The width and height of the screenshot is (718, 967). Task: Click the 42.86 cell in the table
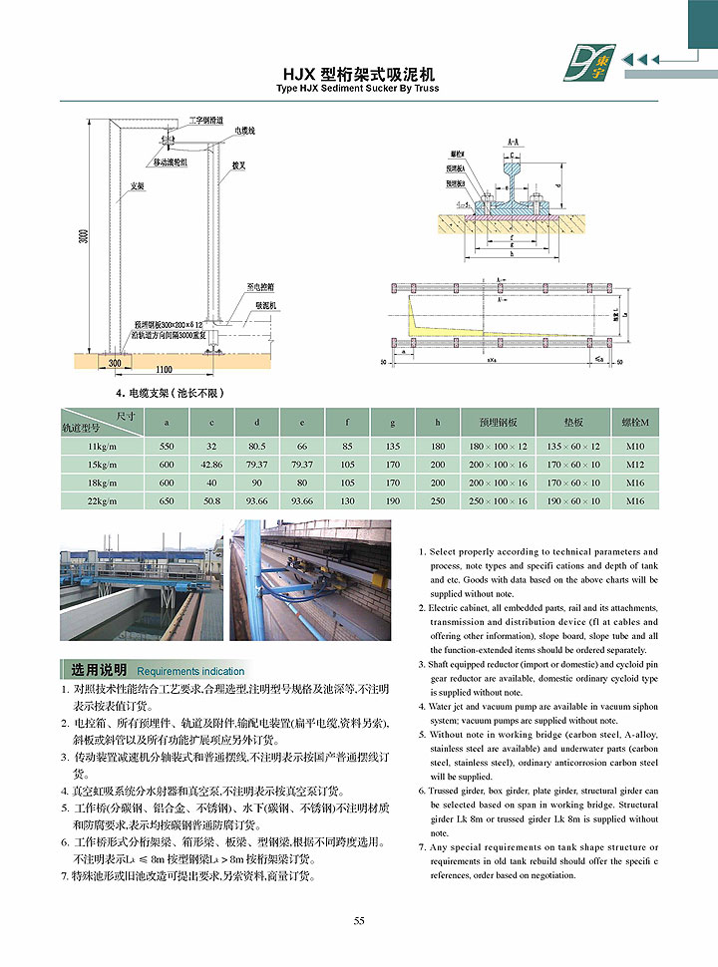[x=211, y=465]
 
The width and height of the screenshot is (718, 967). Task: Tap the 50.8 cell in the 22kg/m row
[x=211, y=500]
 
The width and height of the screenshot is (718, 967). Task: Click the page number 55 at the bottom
[x=359, y=920]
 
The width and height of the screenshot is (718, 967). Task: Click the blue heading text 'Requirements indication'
[x=190, y=672]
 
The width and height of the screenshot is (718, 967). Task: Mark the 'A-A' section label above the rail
[x=512, y=143]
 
